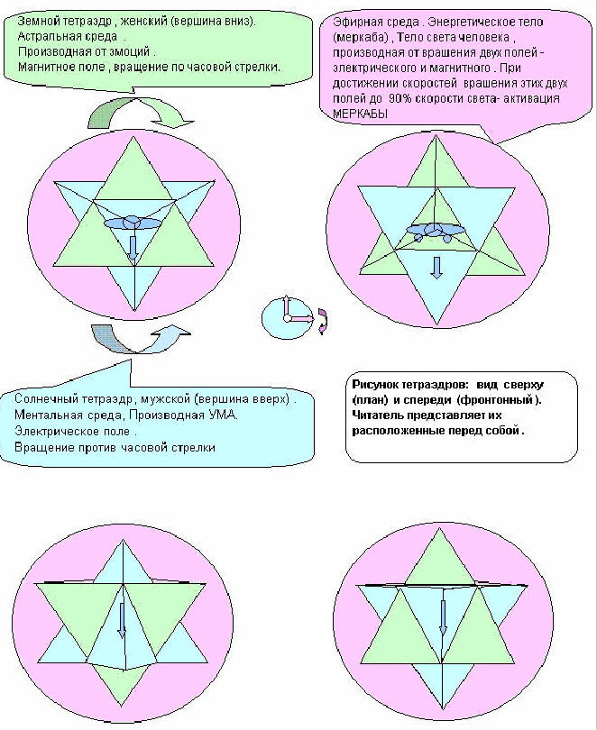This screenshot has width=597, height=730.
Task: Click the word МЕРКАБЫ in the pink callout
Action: point(360,114)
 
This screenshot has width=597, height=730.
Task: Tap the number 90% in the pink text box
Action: point(400,98)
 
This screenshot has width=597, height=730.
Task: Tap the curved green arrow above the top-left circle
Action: point(140,114)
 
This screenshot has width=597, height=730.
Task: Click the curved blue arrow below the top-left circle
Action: point(141,339)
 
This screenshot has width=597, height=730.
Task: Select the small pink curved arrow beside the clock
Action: point(323,321)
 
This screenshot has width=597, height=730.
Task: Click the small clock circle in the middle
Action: point(287,318)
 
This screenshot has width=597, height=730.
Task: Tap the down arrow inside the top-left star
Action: point(133,248)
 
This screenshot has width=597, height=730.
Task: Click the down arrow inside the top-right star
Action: point(436,268)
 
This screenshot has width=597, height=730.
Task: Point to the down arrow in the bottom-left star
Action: point(122,620)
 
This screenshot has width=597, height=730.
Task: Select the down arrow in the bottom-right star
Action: point(443,617)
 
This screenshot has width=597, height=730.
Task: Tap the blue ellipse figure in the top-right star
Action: point(436,231)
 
